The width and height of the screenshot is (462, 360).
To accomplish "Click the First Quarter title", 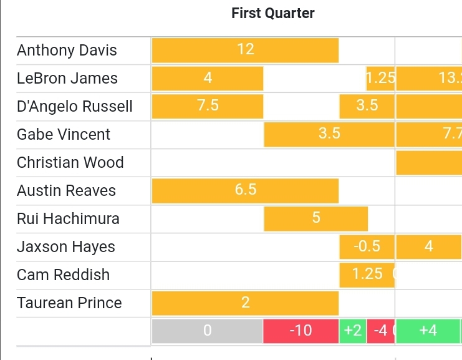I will click(x=273, y=13).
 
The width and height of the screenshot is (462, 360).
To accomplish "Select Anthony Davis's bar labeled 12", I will click(x=245, y=50).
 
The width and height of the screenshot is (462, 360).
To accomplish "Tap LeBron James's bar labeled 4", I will click(x=208, y=78).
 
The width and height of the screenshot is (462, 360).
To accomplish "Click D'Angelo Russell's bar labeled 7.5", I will click(x=208, y=106).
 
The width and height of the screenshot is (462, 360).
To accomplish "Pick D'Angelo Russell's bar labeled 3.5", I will click(x=367, y=106).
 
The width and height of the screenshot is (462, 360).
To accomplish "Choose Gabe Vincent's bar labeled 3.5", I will click(x=329, y=134).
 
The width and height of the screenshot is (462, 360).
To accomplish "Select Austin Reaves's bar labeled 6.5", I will click(x=245, y=190).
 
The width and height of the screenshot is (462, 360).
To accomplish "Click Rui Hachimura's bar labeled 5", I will click(x=316, y=218).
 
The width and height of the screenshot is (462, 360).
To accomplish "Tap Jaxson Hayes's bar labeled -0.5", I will click(x=367, y=246).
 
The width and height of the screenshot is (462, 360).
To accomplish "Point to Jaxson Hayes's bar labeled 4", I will click(x=428, y=246).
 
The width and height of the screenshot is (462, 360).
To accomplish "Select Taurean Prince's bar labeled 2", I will click(x=245, y=303).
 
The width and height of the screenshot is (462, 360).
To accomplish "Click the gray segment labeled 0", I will click(x=208, y=331).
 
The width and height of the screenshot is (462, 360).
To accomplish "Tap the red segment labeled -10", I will click(x=301, y=331).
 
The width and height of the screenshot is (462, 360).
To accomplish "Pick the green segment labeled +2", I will click(x=353, y=331).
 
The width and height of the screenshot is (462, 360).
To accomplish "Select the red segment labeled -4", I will click(x=380, y=331).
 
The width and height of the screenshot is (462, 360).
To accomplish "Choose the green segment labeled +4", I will click(x=428, y=331).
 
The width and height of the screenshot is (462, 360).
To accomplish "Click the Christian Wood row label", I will click(x=70, y=163).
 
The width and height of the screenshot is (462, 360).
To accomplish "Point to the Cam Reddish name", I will click(x=64, y=275).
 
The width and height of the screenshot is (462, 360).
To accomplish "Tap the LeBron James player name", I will click(x=67, y=79).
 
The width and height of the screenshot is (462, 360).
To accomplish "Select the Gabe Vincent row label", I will click(x=64, y=135).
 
